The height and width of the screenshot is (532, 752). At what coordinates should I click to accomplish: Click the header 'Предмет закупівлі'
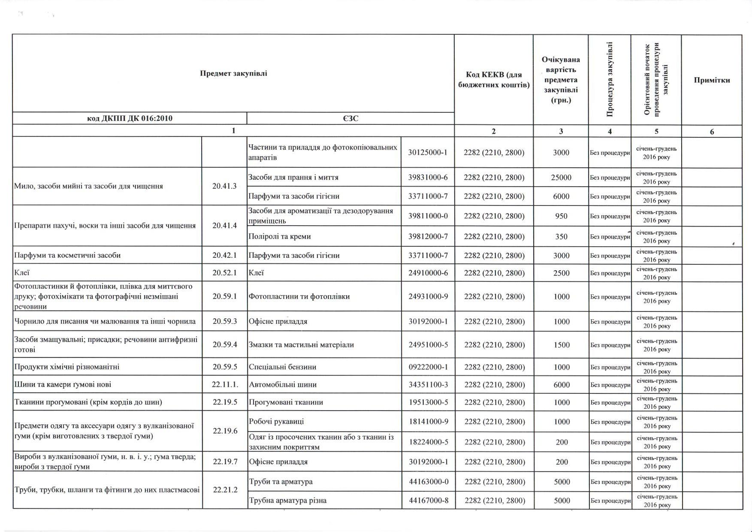[233, 73]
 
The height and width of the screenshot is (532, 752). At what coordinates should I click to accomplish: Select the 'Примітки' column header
[712, 80]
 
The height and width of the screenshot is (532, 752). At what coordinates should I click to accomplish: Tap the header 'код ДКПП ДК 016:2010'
[130, 118]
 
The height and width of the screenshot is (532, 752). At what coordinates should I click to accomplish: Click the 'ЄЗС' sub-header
[350, 118]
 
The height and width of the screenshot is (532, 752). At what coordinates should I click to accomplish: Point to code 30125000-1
[428, 152]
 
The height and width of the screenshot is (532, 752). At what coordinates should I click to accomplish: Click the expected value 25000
[561, 178]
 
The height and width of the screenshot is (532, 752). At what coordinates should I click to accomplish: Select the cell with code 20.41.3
[224, 186]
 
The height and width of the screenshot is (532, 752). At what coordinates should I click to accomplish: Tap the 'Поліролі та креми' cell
[280, 236]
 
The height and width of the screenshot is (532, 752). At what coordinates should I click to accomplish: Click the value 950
[561, 216]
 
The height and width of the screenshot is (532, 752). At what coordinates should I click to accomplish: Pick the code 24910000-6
[428, 273]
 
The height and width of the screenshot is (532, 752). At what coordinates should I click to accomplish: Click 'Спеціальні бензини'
[283, 367]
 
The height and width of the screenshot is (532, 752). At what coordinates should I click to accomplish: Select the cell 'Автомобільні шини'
[283, 385]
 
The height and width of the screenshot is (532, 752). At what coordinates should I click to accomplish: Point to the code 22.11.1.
[225, 385]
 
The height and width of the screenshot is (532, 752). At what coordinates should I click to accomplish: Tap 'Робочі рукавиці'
[276, 422]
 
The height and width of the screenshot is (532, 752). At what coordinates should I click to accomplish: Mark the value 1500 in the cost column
[562, 345]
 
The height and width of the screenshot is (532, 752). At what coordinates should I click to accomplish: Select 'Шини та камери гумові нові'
[63, 385]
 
